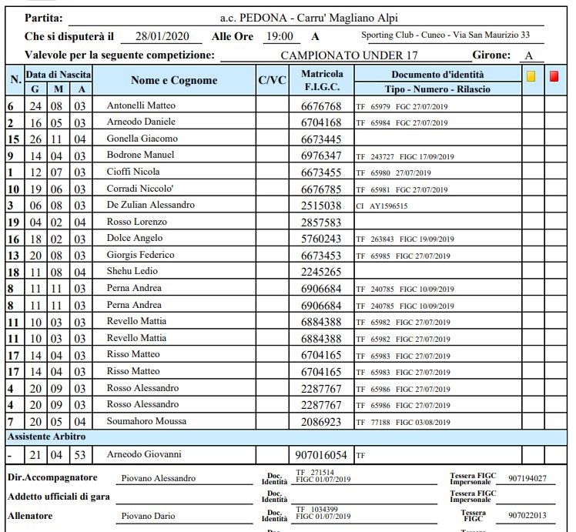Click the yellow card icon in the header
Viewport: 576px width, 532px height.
coord(531,76)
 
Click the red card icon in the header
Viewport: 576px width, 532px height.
coord(554,76)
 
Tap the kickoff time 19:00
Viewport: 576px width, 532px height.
coord(279,36)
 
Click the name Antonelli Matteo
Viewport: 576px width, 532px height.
coord(141,105)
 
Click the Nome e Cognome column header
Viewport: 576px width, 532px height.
coord(174,80)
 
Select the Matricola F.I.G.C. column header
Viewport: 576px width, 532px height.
coord(322,80)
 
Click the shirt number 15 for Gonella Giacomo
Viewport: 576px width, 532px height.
coord(12,139)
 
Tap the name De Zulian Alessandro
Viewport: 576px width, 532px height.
coord(150,205)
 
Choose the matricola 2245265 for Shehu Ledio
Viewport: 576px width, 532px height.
coord(321,272)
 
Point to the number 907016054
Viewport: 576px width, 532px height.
coord(321,455)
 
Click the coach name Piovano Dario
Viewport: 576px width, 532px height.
coord(148,516)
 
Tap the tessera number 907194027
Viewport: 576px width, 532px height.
coord(527,479)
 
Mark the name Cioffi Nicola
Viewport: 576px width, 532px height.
coord(133,172)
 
